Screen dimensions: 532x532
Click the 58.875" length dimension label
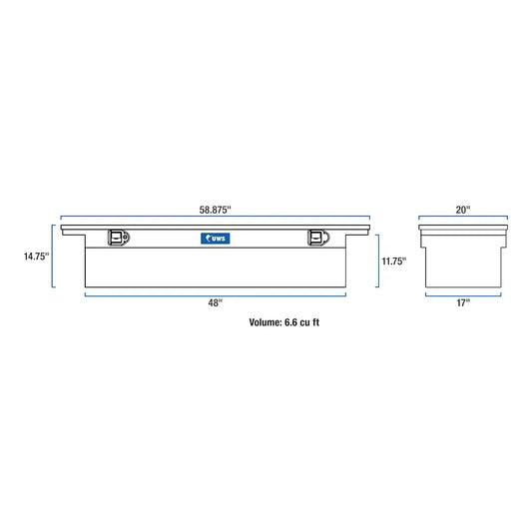(215, 210)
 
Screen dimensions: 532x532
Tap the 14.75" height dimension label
(36, 257)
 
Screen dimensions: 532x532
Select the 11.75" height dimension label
(394, 262)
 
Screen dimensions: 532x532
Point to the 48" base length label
(216, 302)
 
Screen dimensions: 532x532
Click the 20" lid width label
(463, 210)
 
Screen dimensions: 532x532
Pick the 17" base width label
(463, 302)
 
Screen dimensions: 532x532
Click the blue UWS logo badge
(216, 239)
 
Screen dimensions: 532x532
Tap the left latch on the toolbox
(119, 238)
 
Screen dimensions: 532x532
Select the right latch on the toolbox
(318, 238)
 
